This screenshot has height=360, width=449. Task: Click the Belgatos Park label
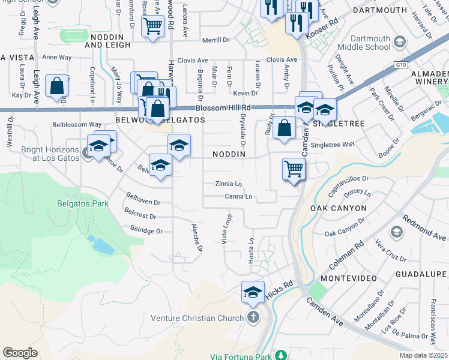tap(83, 203)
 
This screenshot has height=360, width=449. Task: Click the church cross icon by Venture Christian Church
tap(253, 317)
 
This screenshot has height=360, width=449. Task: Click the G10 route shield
tap(401, 64)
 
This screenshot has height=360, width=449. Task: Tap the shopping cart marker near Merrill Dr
tap(153, 26)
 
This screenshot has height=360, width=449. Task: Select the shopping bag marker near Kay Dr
tap(56, 85)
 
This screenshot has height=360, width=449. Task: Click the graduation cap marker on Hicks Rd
tap(253, 292)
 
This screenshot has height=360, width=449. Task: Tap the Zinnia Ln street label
tap(229, 184)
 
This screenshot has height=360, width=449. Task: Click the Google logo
tap(20, 353)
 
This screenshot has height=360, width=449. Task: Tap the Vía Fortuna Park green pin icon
tap(280, 355)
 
